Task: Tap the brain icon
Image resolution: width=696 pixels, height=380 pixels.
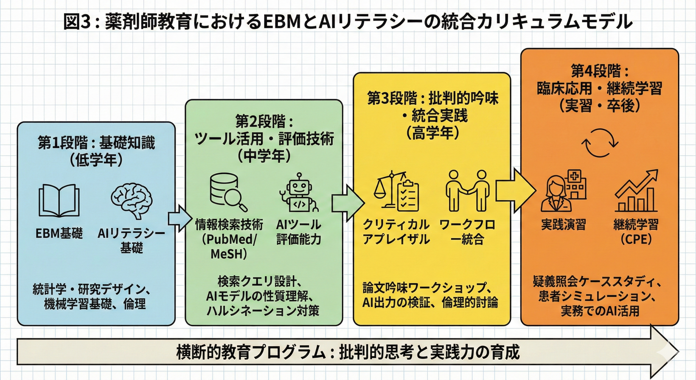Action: pyautogui.click(x=131, y=200)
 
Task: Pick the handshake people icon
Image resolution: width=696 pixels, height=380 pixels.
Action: pyautogui.click(x=467, y=191)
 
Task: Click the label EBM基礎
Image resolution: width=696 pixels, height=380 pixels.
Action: pyautogui.click(x=59, y=233)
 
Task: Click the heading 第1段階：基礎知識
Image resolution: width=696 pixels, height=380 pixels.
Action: pyautogui.click(x=96, y=143)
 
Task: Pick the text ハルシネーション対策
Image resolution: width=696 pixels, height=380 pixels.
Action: pyautogui.click(x=263, y=311)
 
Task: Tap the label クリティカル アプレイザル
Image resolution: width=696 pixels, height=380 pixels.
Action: pyautogui.click(x=396, y=232)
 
